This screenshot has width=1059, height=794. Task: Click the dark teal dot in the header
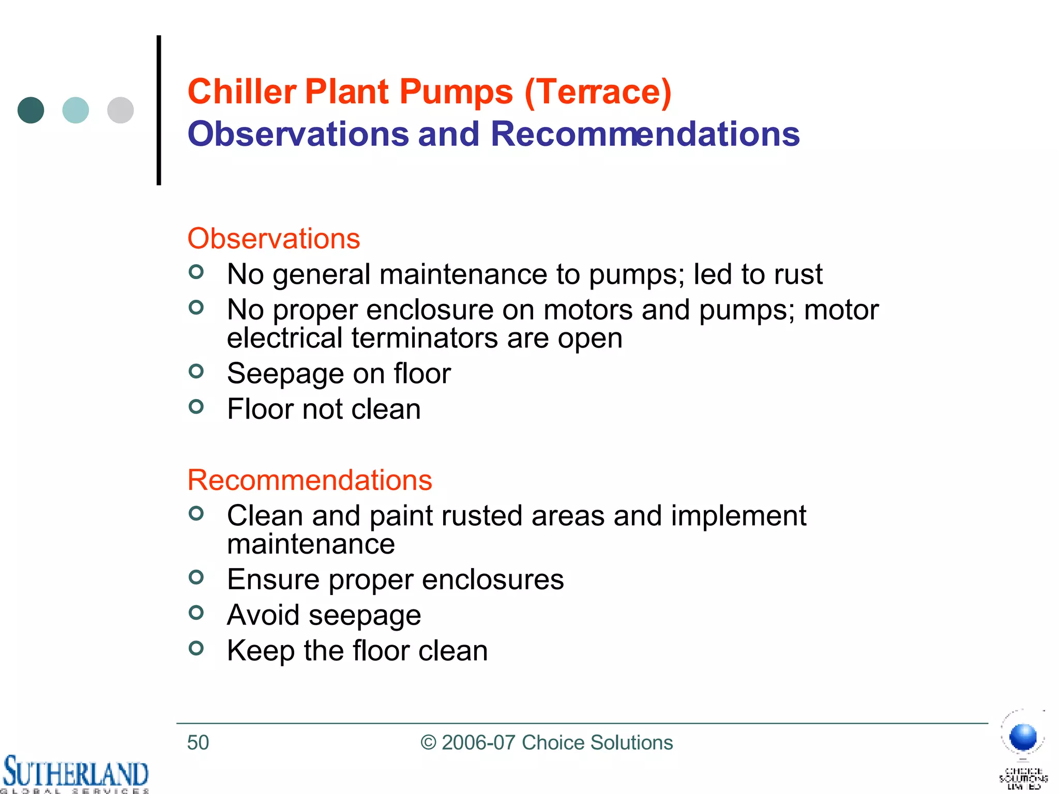(x=31, y=110)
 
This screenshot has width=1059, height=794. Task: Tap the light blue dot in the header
(x=75, y=110)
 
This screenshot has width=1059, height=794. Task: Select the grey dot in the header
(x=120, y=110)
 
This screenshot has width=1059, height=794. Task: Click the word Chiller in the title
(x=241, y=91)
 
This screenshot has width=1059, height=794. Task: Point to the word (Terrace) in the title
(x=598, y=93)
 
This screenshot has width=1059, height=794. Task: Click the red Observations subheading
(x=274, y=239)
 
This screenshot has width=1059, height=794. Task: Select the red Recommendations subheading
(x=309, y=480)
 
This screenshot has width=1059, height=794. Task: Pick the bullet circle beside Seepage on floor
(x=196, y=371)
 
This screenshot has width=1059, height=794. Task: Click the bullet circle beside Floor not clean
(x=196, y=407)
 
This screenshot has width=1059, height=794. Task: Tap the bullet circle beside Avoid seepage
(x=196, y=613)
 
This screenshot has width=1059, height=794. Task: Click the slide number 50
(x=198, y=743)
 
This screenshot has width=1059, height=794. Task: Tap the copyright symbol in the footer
(x=429, y=743)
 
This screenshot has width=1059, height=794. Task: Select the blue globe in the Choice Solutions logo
(x=1023, y=737)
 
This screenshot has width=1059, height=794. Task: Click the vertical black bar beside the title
(x=159, y=110)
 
